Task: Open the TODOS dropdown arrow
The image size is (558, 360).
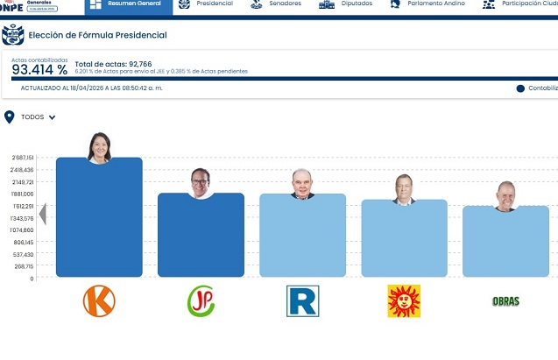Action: pos(53,117)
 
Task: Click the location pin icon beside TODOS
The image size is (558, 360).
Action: pos(10,116)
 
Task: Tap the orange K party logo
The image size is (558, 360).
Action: pos(99,300)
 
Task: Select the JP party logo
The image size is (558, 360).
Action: pos(201,300)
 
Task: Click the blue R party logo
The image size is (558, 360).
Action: pos(303,300)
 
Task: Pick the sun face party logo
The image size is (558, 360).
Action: pos(404,300)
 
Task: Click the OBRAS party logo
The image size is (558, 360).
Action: pos(505,301)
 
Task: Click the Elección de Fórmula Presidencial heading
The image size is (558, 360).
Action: pos(97,36)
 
